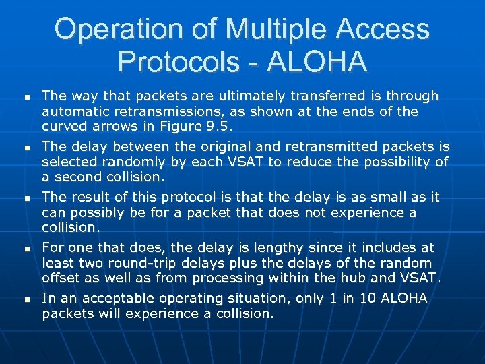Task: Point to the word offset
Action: (x=62, y=277)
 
